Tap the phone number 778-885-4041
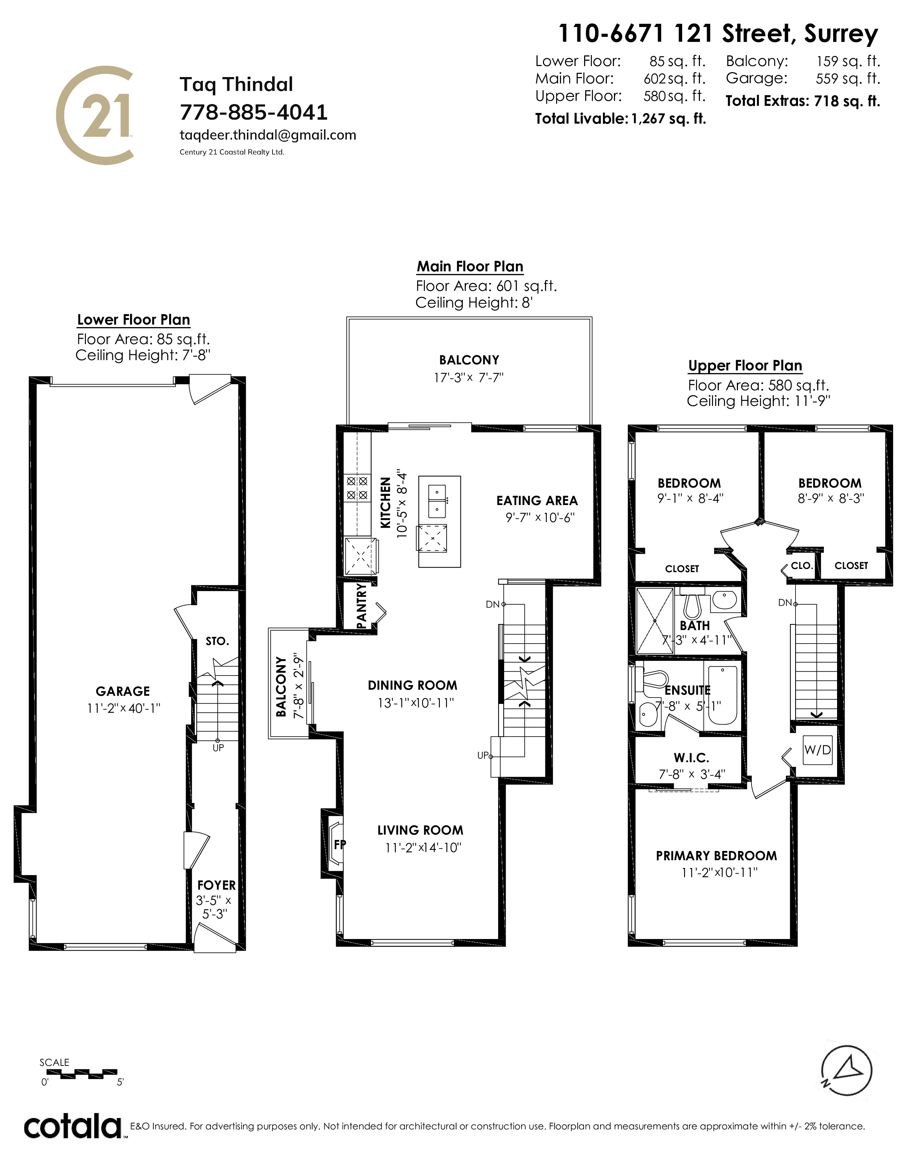[x=253, y=112]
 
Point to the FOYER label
[x=216, y=885]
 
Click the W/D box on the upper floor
[x=818, y=750]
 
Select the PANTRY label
[x=362, y=606]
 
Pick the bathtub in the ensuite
[x=722, y=696]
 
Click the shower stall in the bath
[x=654, y=620]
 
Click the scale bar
[x=81, y=1074]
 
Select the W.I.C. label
[x=691, y=758]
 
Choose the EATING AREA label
[x=537, y=501]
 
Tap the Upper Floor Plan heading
[x=745, y=366]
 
